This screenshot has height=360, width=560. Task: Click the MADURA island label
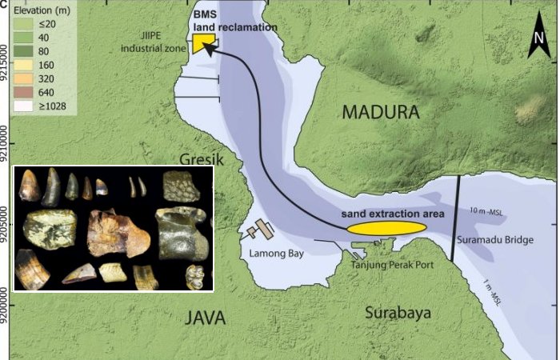pos(381,112)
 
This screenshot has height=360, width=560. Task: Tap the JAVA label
pos(206,318)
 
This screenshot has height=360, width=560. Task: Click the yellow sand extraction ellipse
pos(386,228)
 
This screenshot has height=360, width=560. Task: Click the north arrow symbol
pos(539,39)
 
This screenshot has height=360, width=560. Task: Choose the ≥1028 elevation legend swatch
pos(17,105)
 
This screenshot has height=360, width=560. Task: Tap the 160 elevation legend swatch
pos(17,65)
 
